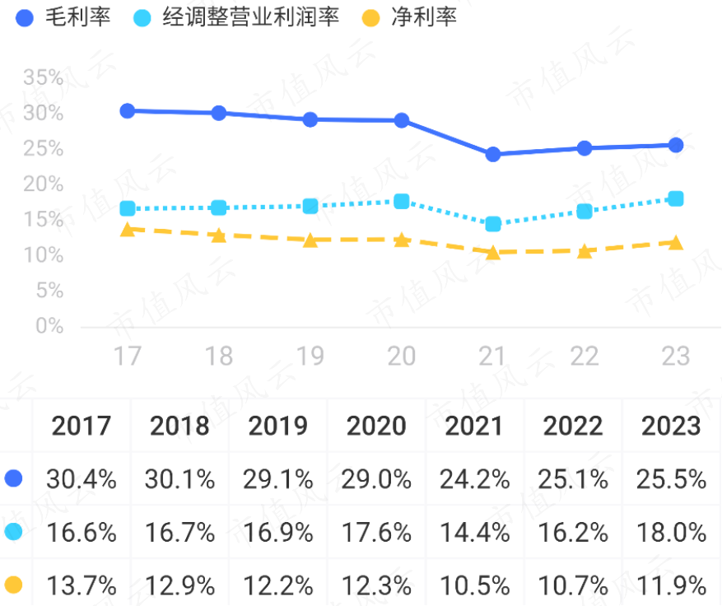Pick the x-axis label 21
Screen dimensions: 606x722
[x=492, y=356]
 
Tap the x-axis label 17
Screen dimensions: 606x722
[x=128, y=356]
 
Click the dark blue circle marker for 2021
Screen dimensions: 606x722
[x=493, y=154]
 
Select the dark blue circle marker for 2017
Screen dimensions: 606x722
[x=128, y=110]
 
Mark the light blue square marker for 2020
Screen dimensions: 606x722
[x=402, y=202]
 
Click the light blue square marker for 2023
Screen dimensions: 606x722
[x=676, y=198]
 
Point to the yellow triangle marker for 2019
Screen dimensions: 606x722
[x=310, y=240]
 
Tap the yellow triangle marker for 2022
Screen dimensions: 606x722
[x=585, y=251]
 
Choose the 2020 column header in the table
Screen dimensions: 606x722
[x=376, y=426]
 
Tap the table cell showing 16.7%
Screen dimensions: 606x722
[x=179, y=532]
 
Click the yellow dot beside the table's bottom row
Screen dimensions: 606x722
[x=14, y=585]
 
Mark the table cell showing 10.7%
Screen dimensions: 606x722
[x=575, y=585]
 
